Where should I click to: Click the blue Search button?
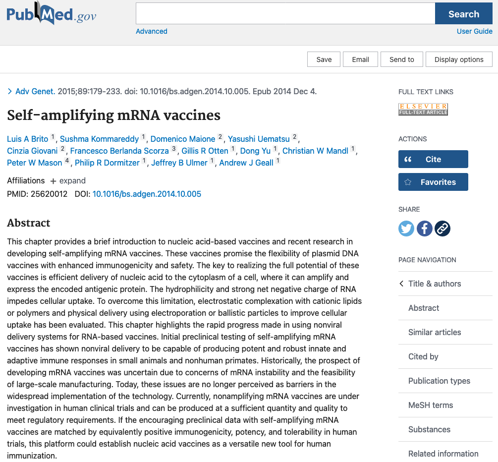pos(463,14)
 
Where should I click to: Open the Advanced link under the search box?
pos(152,31)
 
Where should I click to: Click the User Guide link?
pos(474,31)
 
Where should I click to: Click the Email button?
pos(360,59)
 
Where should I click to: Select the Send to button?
pos(401,59)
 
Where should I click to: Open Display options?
pos(459,59)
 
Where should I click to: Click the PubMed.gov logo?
pos(51,14)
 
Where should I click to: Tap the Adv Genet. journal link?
pos(35,91)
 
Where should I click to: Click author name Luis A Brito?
pos(28,139)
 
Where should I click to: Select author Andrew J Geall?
pos(246,163)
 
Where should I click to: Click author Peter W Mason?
pos(35,163)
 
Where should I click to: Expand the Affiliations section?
pos(68,181)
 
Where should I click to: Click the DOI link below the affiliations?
pos(147,194)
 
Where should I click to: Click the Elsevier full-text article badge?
pos(423,109)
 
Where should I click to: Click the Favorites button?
pos(433,182)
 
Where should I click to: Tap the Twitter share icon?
pos(406,229)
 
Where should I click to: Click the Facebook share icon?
pos(425,229)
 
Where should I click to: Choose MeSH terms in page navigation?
pos(430,405)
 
